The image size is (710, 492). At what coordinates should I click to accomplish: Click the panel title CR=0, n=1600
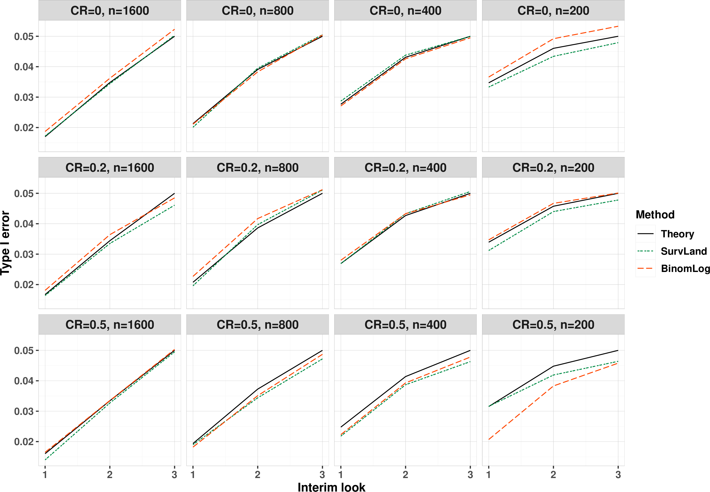pos(110,11)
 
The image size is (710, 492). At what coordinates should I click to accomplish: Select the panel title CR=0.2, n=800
pos(258,168)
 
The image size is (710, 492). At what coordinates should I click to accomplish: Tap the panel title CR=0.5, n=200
pos(553,325)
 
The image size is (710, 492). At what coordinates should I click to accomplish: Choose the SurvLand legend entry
pos(672,251)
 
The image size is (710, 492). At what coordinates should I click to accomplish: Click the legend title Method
pos(655,214)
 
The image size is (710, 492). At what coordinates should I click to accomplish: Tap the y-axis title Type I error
pos(5,243)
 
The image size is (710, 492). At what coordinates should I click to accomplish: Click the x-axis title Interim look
pos(331,487)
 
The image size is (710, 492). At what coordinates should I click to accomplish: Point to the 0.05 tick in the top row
pos(24,36)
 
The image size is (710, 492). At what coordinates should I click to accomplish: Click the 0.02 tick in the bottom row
pos(24,442)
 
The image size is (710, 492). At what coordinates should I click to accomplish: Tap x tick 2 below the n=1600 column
pos(110,475)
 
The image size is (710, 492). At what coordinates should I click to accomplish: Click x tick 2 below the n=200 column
pos(553,475)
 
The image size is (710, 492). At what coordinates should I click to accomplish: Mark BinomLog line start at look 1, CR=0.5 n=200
pos(489,440)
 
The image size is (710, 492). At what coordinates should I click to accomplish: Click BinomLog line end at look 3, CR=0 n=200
pos(618,26)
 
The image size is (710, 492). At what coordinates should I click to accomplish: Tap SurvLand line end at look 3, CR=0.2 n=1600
pos(174,205)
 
